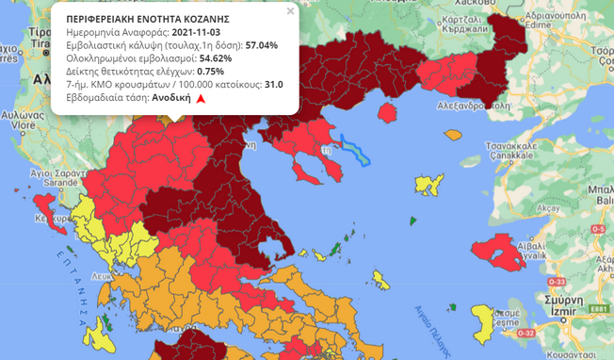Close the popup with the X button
pyautogui.click(x=290, y=11)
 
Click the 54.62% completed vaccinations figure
pyautogui.click(x=216, y=57)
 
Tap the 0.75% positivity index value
pyautogui.click(x=210, y=71)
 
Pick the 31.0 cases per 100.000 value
pyautogui.click(x=274, y=84)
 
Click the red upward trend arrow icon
pyautogui.click(x=201, y=98)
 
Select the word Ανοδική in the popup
pyautogui.click(x=171, y=97)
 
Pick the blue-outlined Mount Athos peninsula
pyautogui.click(x=355, y=149)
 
